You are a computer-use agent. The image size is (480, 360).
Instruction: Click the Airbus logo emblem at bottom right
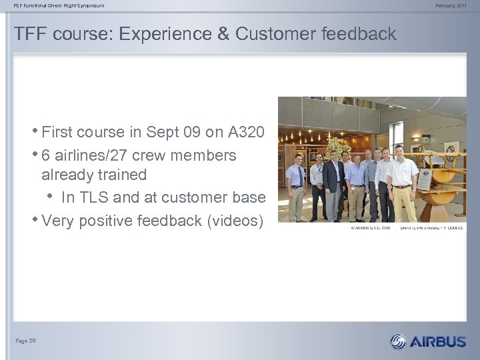(398, 341)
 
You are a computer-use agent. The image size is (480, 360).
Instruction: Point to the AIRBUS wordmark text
(438, 342)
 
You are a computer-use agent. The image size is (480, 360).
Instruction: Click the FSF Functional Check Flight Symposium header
(59, 5)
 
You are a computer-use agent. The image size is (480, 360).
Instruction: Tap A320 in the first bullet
(247, 132)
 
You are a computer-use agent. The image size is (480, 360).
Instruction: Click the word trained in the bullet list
(122, 175)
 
